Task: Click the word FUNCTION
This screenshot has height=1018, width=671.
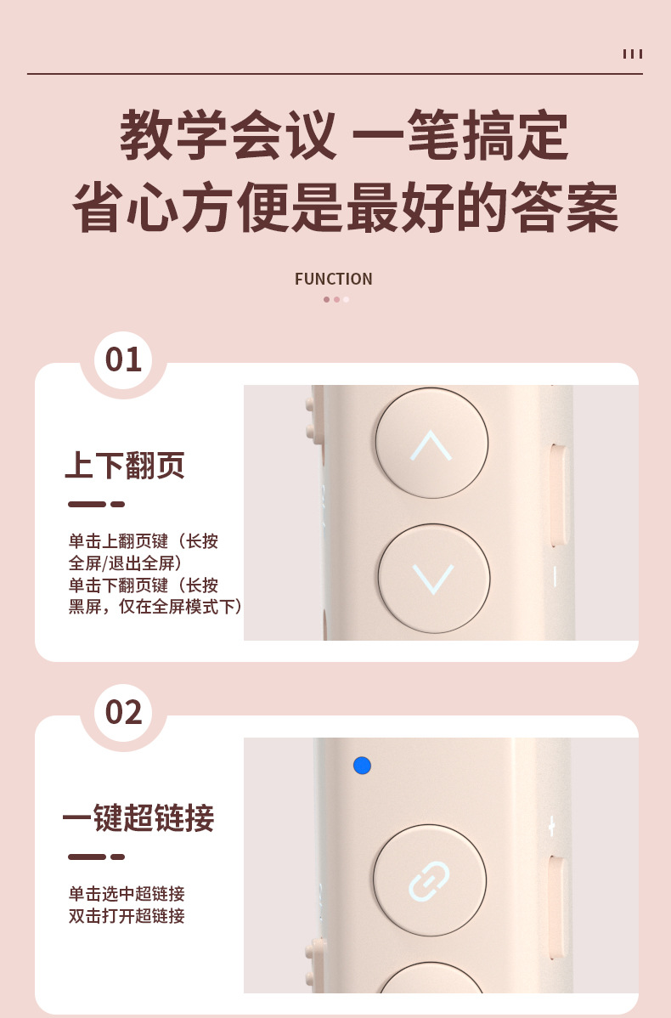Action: point(334,280)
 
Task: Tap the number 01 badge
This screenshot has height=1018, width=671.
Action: point(123,359)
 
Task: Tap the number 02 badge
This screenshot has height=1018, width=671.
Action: point(123,712)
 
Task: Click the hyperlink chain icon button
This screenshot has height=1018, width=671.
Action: point(430,880)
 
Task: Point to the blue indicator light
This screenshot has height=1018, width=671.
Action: point(362,766)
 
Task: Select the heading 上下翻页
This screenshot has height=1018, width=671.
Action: point(125,466)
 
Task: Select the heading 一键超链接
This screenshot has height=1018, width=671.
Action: point(138,818)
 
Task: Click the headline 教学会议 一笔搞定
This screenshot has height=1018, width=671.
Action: point(344,135)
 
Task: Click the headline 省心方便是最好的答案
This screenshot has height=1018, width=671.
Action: point(345,207)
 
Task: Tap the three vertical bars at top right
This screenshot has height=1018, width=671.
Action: point(633,54)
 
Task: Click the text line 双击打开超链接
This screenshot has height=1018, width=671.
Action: point(127,916)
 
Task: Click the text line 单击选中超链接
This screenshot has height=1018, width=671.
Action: point(127,894)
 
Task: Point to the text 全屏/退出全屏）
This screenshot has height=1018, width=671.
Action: point(126,563)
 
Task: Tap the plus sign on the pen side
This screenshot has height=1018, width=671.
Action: point(551,827)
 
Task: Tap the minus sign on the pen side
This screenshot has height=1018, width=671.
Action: point(555,577)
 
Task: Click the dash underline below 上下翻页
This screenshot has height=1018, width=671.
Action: point(96,504)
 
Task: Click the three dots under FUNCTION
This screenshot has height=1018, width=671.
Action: point(336,299)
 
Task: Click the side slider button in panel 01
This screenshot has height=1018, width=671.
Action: point(557,496)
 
